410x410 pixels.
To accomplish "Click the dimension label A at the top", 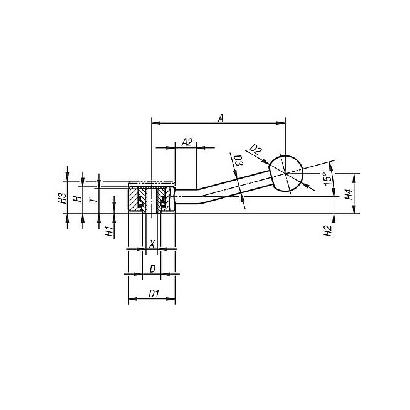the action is point(221,118).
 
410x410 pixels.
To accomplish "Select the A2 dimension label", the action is point(187,142).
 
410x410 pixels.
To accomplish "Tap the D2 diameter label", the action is point(255,150).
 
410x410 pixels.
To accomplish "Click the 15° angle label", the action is point(327,179).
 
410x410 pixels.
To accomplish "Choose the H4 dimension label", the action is point(349,194).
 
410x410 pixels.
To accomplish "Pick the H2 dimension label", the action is point(328,231).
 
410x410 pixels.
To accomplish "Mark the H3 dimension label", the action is point(61,198).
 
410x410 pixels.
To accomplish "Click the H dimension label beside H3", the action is point(77,199).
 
